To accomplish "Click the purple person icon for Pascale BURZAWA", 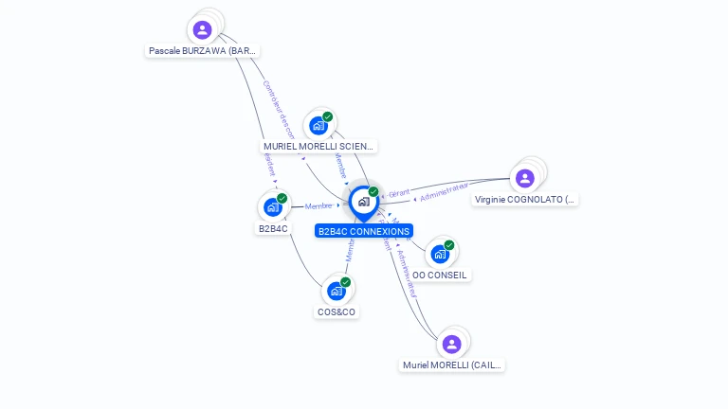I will (x=202, y=29).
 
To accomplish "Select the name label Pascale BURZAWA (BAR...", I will (x=203, y=50).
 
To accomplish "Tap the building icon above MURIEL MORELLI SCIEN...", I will (x=318, y=125).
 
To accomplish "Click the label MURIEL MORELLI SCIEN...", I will (x=319, y=147).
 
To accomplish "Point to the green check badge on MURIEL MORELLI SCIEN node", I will (x=328, y=116).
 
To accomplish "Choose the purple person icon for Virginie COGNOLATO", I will (x=525, y=178).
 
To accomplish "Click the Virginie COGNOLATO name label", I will (x=525, y=200).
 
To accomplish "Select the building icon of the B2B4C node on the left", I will (x=273, y=206).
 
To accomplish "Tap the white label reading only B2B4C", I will (x=273, y=229).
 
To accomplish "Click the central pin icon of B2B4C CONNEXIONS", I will (x=363, y=202).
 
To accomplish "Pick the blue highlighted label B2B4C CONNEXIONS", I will (x=364, y=231).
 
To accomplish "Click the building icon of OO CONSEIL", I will (x=440, y=254).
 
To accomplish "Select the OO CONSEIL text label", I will (x=440, y=275).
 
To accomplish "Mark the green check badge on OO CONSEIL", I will (x=449, y=245).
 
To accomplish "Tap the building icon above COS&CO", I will (x=337, y=291).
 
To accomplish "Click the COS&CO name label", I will (x=337, y=311).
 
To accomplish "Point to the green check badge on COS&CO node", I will (x=346, y=282).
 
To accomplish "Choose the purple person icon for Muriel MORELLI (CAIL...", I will (x=452, y=344).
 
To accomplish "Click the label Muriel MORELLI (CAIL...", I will (x=452, y=365).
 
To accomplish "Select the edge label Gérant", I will (x=399, y=193).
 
